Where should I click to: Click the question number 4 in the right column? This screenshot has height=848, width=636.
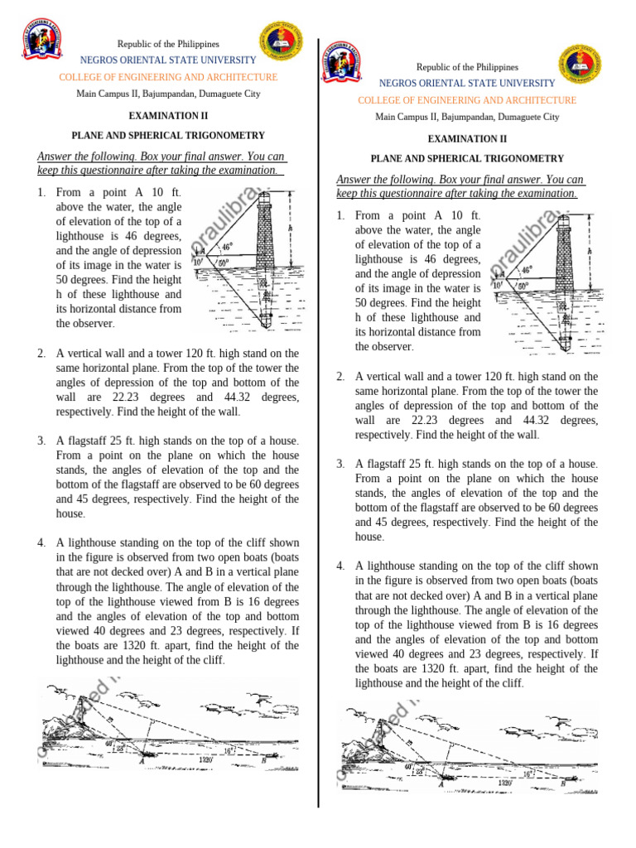(340, 566)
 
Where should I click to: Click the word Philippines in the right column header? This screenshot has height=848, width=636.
(492, 67)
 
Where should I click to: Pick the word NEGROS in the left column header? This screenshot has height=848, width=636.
(97, 60)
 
